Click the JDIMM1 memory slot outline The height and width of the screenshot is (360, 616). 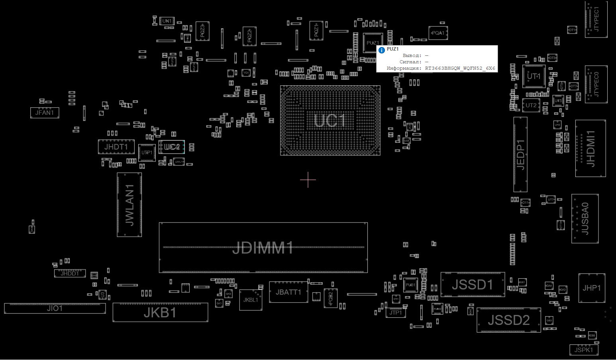pyautogui.click(x=263, y=248)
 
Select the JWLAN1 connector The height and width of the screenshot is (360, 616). pyautogui.click(x=129, y=205)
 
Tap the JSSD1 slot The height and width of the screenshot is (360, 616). pyautogui.click(x=473, y=285)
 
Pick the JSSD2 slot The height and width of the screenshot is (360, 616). pyautogui.click(x=509, y=320)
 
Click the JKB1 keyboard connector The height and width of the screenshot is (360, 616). pyautogui.click(x=160, y=313)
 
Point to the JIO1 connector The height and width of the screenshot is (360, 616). pyautogui.click(x=55, y=308)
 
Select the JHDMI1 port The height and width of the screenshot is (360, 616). pyautogui.click(x=590, y=148)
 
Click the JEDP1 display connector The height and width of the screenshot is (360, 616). pyautogui.click(x=520, y=154)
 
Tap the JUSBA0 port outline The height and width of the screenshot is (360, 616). pyautogui.click(x=585, y=218)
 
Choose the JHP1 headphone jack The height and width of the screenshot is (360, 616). pyautogui.click(x=592, y=288)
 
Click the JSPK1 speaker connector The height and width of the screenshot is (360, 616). pyautogui.click(x=584, y=350)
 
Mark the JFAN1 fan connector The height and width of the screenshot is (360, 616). pyautogui.click(x=45, y=113)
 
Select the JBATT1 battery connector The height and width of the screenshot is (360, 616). pyautogui.click(x=288, y=292)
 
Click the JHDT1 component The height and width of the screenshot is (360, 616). pyautogui.click(x=116, y=147)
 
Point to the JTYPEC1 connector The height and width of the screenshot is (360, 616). pyautogui.click(x=596, y=19)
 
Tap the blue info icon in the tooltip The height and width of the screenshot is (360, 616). pyautogui.click(x=382, y=50)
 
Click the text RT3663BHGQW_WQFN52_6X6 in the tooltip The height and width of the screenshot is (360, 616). pyautogui.click(x=460, y=68)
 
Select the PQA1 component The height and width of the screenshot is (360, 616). pyautogui.click(x=438, y=33)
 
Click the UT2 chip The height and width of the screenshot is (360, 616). pyautogui.click(x=531, y=105)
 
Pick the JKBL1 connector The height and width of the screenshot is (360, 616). pyautogui.click(x=251, y=300)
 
